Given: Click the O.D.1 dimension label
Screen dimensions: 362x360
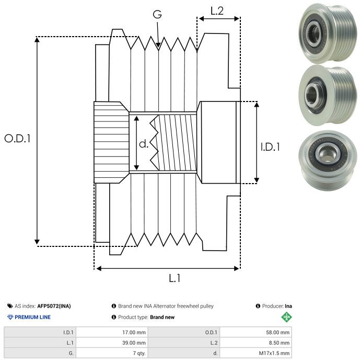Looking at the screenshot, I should pos(18,139).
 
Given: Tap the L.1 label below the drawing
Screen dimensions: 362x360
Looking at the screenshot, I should pos(175,278).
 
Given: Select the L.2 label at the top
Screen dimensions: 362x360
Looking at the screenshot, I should pos(217,10).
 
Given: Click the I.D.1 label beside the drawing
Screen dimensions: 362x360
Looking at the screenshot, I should pos(270,148).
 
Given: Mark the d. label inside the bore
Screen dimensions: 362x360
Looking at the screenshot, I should pos(144,144).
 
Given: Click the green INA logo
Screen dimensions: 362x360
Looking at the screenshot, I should pos(286,317).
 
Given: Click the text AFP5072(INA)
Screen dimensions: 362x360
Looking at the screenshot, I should pos(55,306).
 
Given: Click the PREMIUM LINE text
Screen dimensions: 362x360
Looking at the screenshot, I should pos(32,317).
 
